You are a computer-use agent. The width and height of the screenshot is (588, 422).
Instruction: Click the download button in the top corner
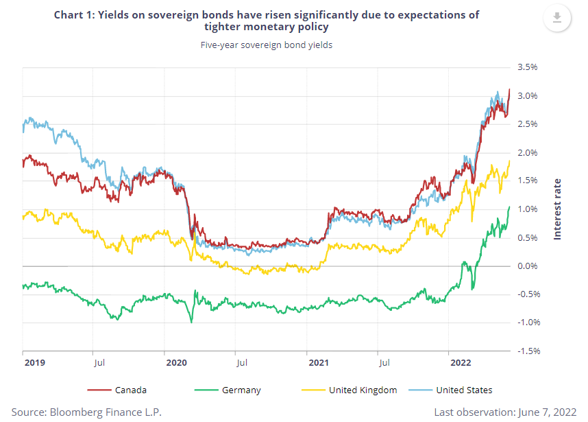[556, 18]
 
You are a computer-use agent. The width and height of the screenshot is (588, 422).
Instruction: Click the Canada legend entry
[131, 390]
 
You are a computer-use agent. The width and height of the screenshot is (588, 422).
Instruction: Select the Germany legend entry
[241, 390]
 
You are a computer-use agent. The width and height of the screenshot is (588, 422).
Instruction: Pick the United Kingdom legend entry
[362, 390]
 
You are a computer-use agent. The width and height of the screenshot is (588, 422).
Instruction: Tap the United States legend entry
[463, 390]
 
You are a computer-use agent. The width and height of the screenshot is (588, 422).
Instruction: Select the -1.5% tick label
[528, 351]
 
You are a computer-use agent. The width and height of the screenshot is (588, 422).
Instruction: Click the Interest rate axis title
[557, 209]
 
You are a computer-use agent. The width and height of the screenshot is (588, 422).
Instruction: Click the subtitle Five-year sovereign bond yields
[266, 46]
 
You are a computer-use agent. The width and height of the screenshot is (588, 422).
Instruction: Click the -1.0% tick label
[528, 323]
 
